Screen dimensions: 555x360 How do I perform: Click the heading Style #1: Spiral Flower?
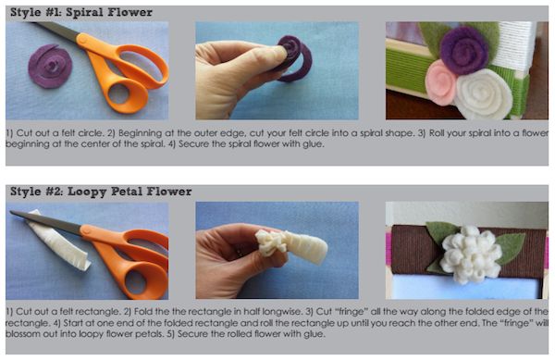[x=81, y=13]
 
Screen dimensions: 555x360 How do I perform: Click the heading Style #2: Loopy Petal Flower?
[x=101, y=192]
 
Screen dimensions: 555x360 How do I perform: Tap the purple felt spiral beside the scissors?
[x=50, y=67]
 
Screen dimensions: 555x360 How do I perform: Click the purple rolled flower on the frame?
[x=463, y=51]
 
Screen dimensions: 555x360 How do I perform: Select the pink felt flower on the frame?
[x=440, y=82]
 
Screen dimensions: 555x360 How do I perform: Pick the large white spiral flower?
[x=483, y=94]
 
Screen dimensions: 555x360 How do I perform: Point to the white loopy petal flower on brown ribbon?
[x=471, y=254]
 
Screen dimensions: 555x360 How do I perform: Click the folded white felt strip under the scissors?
[x=60, y=241]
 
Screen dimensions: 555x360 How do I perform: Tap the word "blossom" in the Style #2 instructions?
[x=22, y=334]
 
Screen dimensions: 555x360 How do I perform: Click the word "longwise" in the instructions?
[x=281, y=312]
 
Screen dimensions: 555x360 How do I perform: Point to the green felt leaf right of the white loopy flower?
[x=510, y=247]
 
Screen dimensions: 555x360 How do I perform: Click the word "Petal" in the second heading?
[x=127, y=192]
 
